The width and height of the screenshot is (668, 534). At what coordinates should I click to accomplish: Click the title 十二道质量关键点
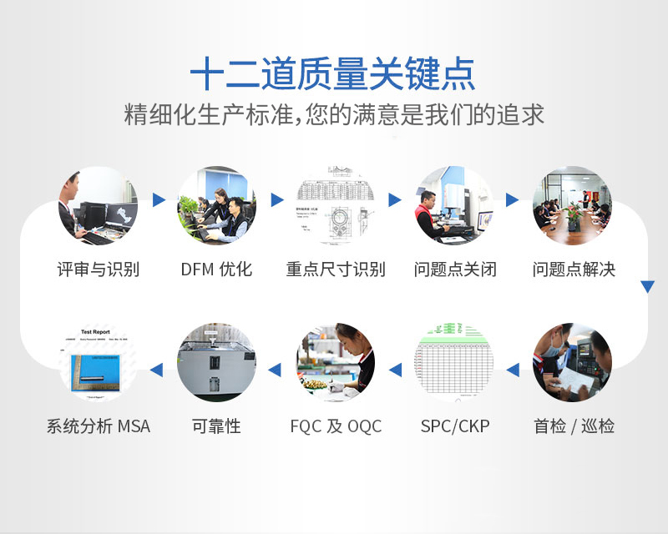click(x=333, y=74)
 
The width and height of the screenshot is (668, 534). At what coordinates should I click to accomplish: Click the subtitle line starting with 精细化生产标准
click(x=334, y=114)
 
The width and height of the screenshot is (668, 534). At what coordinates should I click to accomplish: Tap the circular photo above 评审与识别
click(x=98, y=205)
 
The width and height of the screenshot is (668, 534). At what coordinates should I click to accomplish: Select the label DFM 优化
click(x=216, y=270)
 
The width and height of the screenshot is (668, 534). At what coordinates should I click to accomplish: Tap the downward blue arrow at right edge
click(x=647, y=287)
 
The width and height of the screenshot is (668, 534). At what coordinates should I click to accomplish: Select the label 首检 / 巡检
click(x=574, y=426)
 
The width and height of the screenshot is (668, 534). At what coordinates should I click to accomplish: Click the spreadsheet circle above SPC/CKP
click(x=455, y=362)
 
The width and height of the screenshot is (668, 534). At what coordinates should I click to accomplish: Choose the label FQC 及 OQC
click(x=336, y=426)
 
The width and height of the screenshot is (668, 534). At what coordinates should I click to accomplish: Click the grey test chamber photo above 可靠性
click(x=216, y=362)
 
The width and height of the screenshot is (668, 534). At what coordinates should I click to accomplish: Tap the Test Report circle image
click(x=98, y=362)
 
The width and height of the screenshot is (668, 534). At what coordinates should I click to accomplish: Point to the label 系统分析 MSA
click(x=98, y=426)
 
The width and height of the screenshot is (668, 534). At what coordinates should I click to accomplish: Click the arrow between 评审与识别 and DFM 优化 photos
click(x=158, y=200)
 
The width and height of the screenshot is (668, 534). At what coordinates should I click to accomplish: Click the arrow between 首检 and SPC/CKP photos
click(x=513, y=369)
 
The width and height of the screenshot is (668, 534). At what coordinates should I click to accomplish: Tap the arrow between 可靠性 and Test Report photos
click(x=157, y=369)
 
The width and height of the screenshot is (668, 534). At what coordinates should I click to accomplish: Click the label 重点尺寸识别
click(x=336, y=270)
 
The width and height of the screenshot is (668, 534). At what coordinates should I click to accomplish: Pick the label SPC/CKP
click(x=455, y=426)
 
